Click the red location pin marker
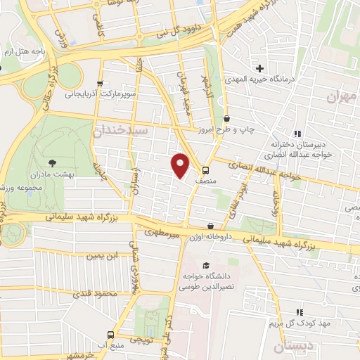(181, 166)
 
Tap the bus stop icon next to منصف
(205, 169)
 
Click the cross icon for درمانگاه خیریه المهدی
(259, 68)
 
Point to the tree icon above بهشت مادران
(53, 163)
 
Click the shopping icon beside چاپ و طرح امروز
(225, 120)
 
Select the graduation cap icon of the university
(205, 265)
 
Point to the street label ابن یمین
(101, 255)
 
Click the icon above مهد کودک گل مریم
(300, 311)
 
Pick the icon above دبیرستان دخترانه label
(297, 134)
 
